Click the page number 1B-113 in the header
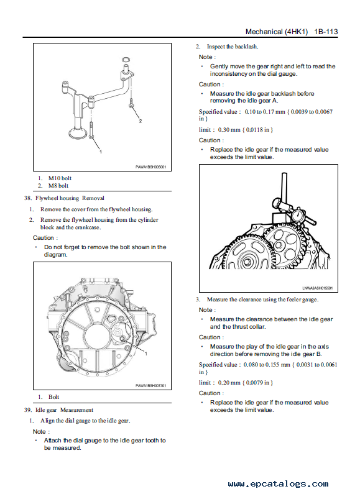pos(326,32)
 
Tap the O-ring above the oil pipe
pos(126,59)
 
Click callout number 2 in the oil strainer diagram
pos(141,121)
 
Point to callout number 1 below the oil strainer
pos(101,152)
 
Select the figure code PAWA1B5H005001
pos(150,167)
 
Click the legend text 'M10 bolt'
pos(60,178)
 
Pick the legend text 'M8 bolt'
pos(58,186)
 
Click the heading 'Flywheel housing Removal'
pos(70,198)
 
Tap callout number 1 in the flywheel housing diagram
pos(146,354)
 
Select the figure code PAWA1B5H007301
pos(150,386)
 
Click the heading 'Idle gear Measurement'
pos(64,410)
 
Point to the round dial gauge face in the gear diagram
pos(297,217)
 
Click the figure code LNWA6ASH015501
pos(318,288)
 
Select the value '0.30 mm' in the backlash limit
pos(229,130)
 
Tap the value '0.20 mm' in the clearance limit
pos(229,383)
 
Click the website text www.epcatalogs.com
pos(278,483)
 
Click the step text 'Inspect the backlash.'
pos(233,47)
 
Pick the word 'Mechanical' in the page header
pos(264,32)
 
